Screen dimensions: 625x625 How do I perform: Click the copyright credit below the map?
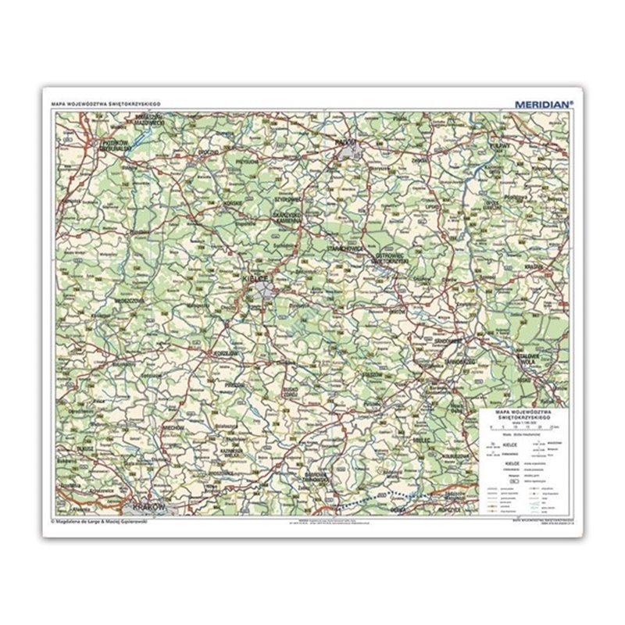[98, 522]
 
